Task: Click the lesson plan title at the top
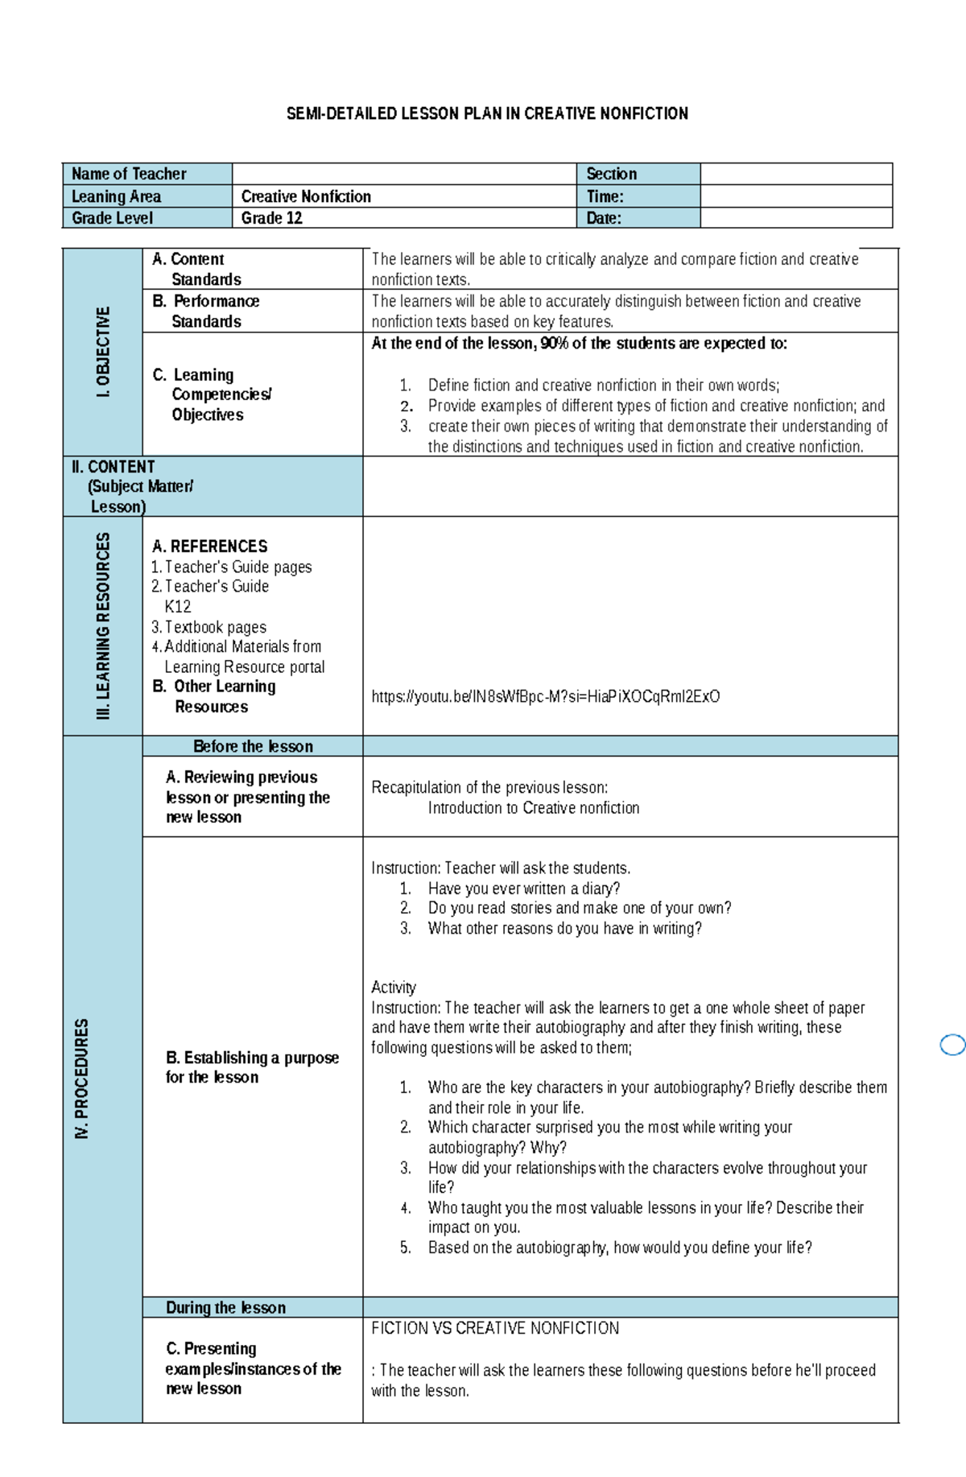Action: tap(487, 113)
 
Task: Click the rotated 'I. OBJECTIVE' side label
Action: tap(103, 352)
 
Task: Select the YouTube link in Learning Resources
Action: tap(545, 696)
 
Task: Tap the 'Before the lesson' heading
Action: tap(253, 746)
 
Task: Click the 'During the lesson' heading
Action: tap(225, 1307)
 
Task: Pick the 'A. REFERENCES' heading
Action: tap(210, 546)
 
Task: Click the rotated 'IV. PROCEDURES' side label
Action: tap(81, 1079)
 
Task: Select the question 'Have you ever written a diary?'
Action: tap(523, 889)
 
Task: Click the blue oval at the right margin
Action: tap(952, 1045)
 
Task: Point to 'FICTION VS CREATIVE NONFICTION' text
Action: tap(495, 1328)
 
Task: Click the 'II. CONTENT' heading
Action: tap(114, 467)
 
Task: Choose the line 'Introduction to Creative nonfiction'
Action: tap(533, 807)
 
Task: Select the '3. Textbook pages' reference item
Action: tap(209, 627)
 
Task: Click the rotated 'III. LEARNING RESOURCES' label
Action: tap(103, 625)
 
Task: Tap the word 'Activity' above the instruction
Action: tap(393, 987)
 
